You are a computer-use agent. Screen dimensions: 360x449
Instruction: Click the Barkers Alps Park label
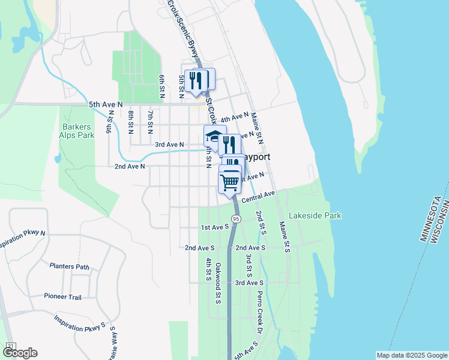coord(78,131)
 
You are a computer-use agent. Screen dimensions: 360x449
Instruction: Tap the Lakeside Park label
coord(315,215)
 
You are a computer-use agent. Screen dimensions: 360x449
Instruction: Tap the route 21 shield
coord(10,346)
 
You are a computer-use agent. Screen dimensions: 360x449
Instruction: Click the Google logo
coord(19,353)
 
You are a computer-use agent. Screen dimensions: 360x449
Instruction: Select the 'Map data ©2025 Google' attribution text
coord(411,355)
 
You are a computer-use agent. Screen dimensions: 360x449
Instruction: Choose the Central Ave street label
coord(258,197)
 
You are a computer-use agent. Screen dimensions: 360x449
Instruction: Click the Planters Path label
coord(70,266)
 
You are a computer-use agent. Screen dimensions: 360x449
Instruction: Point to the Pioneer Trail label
coord(62,296)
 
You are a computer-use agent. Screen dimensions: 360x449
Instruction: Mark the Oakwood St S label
coord(218,282)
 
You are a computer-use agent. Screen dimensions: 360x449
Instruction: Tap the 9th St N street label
coord(110,122)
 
